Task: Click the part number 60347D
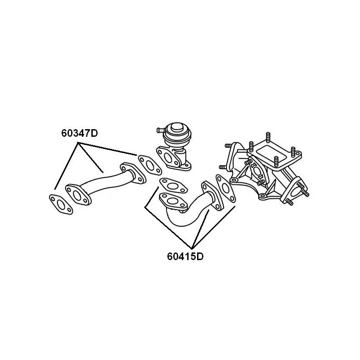pos(80,133)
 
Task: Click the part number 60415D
pos(185,256)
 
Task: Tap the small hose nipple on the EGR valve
pos(160,130)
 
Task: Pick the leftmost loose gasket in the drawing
pos(61,204)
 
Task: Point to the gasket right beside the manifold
pos(225,189)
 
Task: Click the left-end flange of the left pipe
pos(77,195)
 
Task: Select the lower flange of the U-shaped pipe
pos(173,201)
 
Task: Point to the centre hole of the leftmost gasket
pos(61,204)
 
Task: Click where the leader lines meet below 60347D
pos(78,143)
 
